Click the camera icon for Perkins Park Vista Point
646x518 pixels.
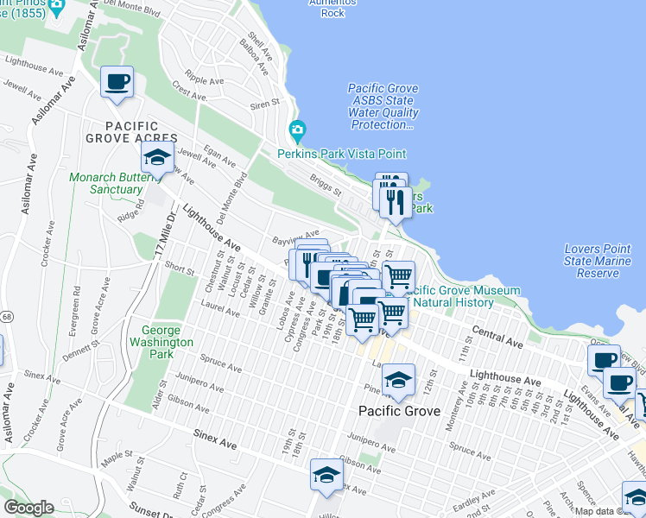pos(298,131)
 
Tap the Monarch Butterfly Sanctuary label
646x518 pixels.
pos(105,184)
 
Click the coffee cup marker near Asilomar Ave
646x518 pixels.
pos(117,82)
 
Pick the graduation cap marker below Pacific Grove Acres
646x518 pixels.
pos(156,157)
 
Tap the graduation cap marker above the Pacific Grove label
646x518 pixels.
pos(398,379)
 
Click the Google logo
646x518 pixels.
pos(28,508)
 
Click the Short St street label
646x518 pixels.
pos(180,268)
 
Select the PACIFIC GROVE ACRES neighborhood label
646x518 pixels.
pos(131,138)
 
